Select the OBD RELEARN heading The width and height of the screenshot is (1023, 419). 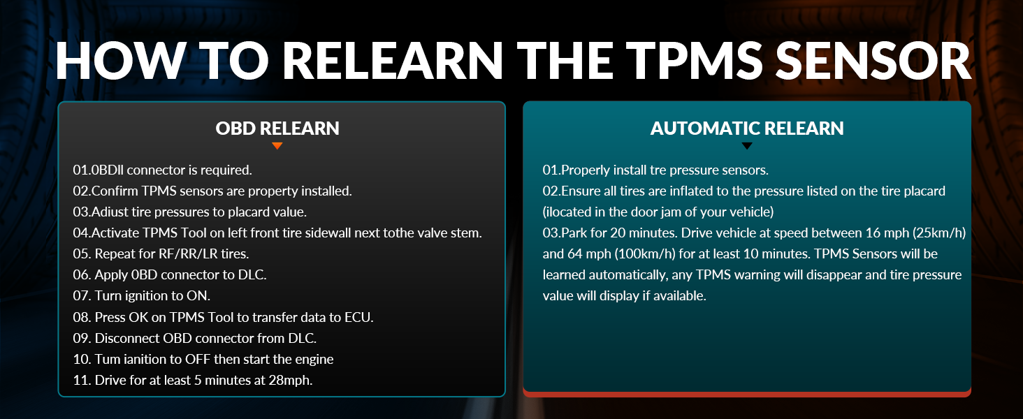pyautogui.click(x=277, y=128)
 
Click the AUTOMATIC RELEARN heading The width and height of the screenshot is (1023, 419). pyautogui.click(x=747, y=128)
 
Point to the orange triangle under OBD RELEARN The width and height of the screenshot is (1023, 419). pyautogui.click(x=277, y=146)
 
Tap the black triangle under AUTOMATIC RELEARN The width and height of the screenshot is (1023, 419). pyautogui.click(x=747, y=146)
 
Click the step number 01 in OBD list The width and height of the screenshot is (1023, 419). pyautogui.click(x=81, y=170)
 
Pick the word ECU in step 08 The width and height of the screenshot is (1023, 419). pyautogui.click(x=359, y=317)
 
